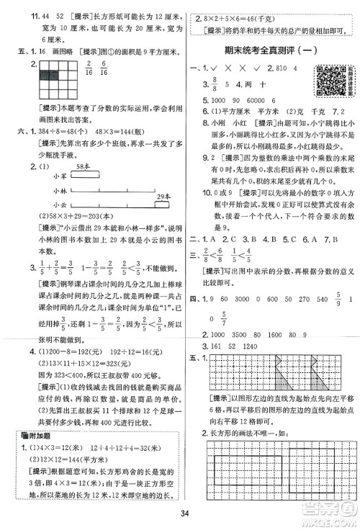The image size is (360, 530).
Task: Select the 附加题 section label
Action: click(39, 431)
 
